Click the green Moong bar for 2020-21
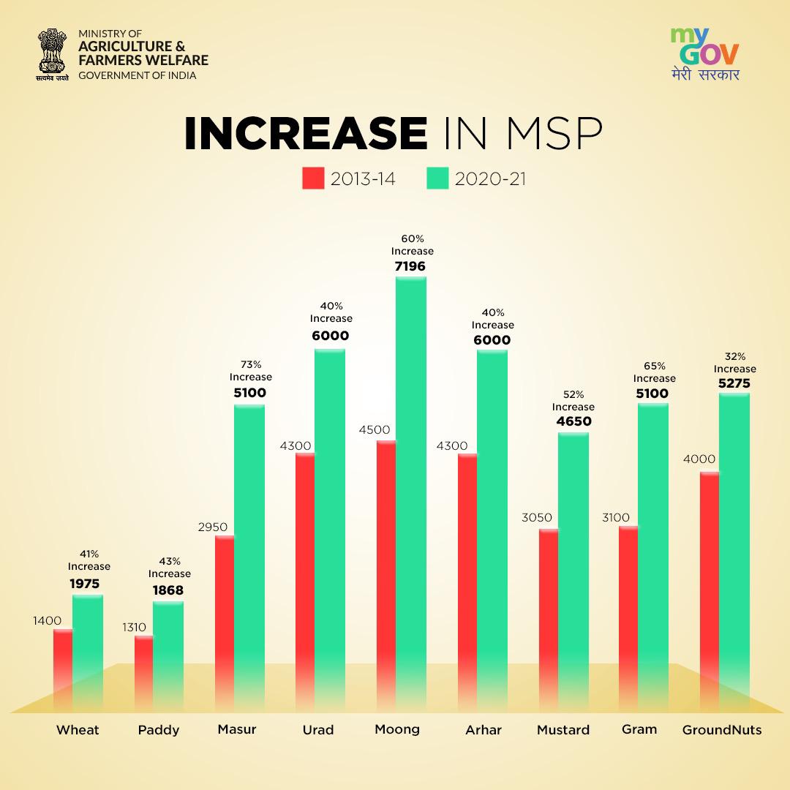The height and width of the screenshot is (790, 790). tap(411, 490)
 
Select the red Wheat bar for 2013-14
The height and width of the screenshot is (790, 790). tap(63, 669)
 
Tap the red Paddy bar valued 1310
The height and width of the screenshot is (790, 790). tap(143, 673)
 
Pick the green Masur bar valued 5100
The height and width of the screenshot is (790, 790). tap(249, 556)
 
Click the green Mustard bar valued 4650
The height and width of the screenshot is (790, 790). tap(573, 571)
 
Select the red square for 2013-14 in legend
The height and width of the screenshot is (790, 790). tap(312, 178)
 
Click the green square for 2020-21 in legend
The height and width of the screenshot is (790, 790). tap(437, 178)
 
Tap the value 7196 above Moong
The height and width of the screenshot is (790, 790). tap(410, 266)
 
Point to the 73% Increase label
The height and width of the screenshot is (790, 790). tap(250, 371)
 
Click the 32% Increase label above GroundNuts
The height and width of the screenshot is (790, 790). tap(734, 363)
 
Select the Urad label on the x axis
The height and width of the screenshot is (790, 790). tap(318, 730)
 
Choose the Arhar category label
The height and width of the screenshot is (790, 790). tap(484, 730)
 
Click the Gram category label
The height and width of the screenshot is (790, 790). tap(639, 729)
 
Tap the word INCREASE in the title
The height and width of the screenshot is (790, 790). tap(305, 134)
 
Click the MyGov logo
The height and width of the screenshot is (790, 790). tap(704, 53)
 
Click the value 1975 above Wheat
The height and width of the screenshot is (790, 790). tap(85, 584)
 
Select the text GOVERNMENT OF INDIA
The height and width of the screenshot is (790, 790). tap(138, 75)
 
